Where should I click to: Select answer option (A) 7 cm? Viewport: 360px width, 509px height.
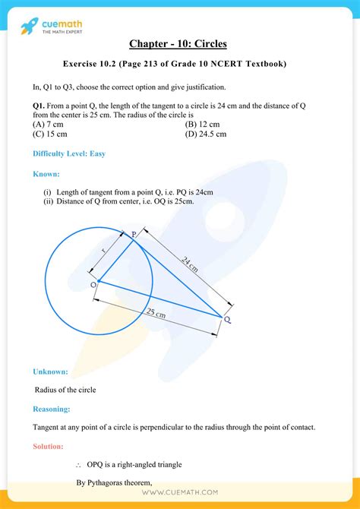(47, 124)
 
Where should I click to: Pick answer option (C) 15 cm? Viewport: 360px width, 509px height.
(49, 134)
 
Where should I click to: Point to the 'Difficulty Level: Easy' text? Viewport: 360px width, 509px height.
(68, 153)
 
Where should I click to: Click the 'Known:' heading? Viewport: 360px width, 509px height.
(46, 174)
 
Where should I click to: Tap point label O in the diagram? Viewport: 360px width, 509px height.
(93, 283)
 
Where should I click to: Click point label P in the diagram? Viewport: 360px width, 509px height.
(134, 236)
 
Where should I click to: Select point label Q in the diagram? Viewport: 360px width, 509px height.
(227, 321)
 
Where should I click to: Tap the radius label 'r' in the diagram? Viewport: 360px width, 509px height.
(103, 251)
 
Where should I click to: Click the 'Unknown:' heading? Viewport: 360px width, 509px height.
(50, 371)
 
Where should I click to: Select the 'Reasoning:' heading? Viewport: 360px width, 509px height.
(52, 409)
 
